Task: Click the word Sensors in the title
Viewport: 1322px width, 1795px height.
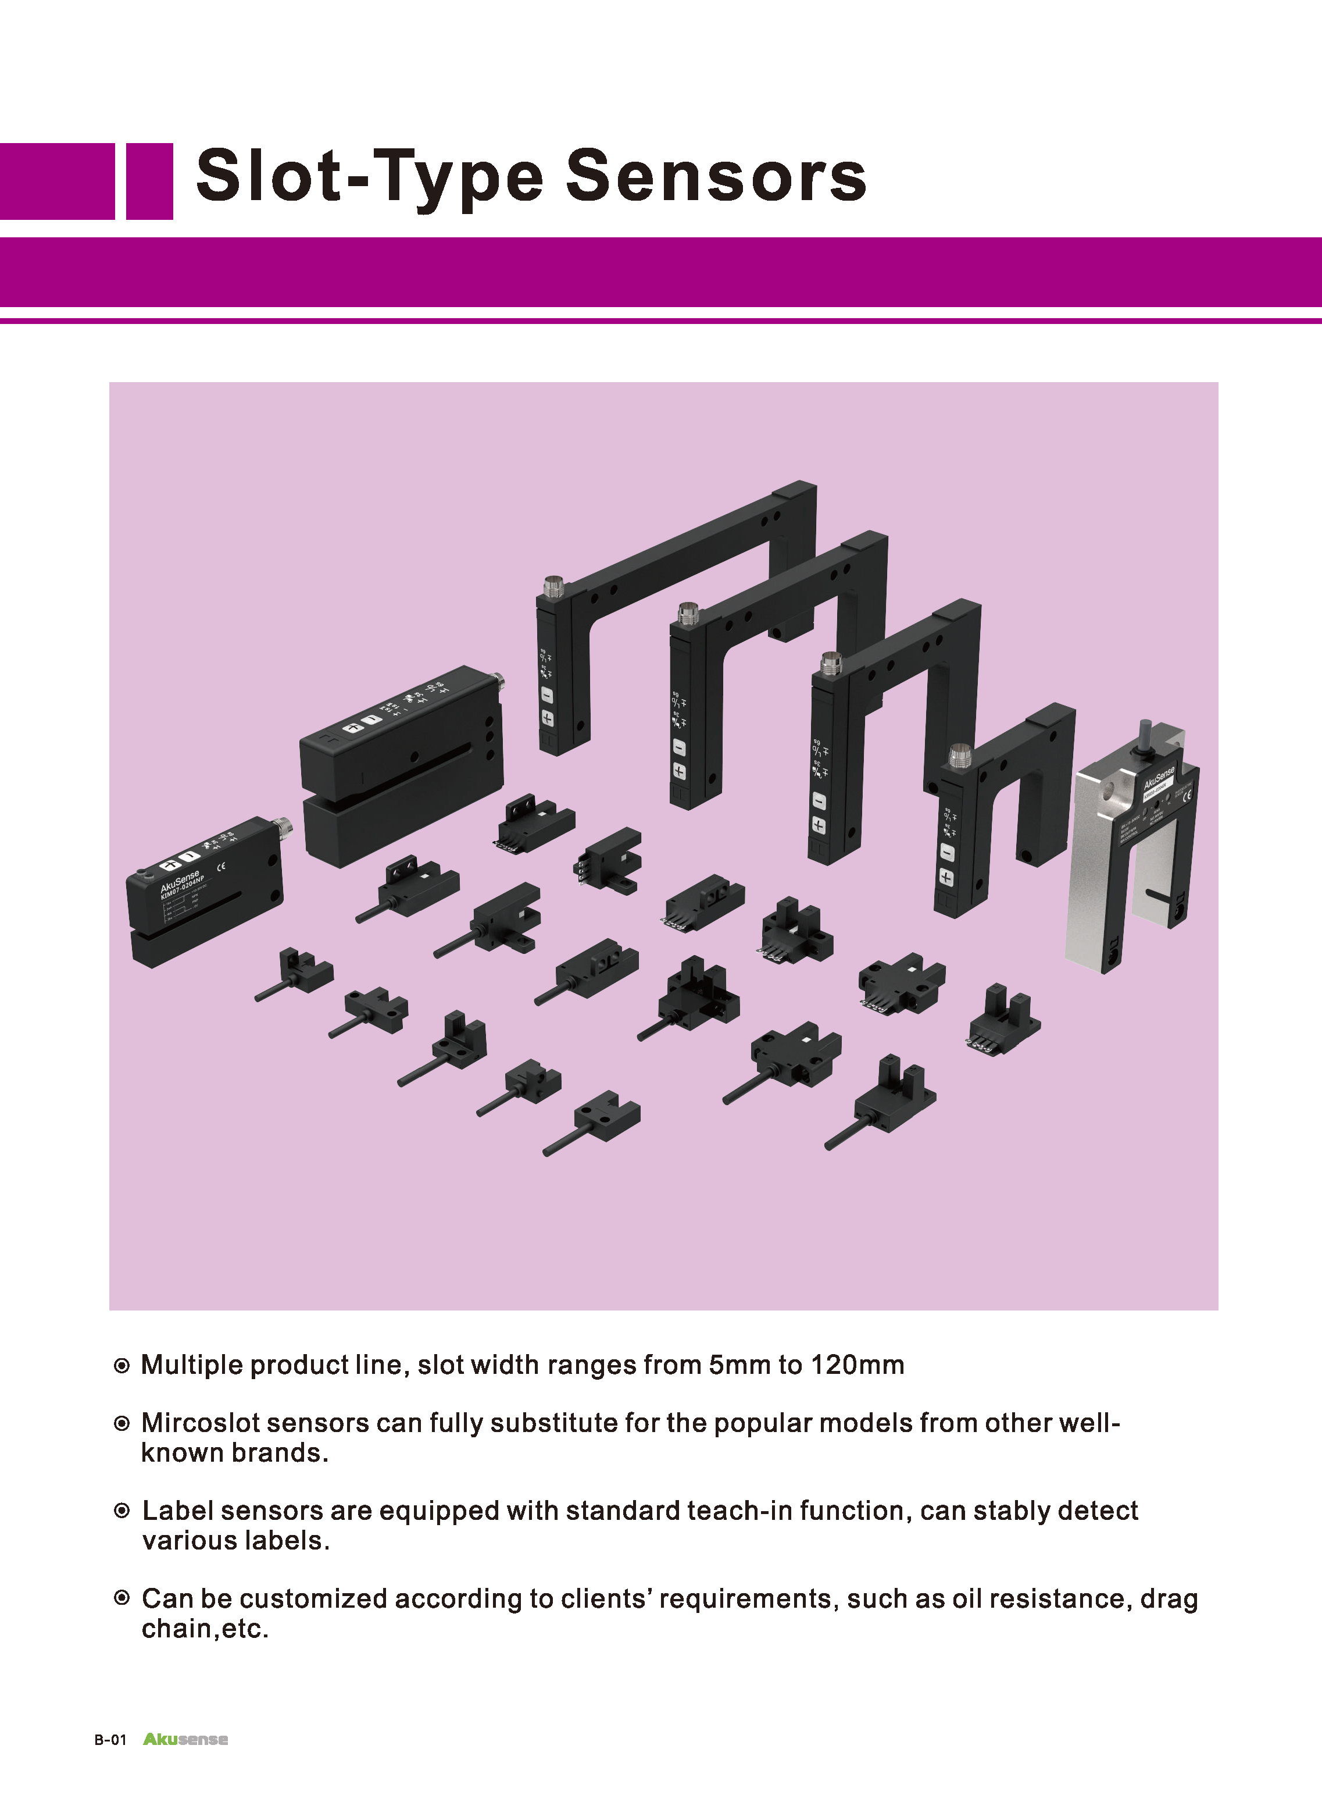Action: click(716, 176)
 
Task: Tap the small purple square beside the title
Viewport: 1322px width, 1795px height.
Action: click(149, 181)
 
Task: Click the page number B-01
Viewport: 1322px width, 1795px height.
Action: click(110, 1740)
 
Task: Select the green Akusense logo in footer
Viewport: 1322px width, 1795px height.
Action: click(185, 1739)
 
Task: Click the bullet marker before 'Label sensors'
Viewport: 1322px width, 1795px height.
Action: click(122, 1511)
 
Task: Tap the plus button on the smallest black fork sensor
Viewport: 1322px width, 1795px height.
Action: click(946, 878)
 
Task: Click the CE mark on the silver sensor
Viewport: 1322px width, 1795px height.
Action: click(1187, 795)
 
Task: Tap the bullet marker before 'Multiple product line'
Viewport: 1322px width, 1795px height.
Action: click(122, 1366)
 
